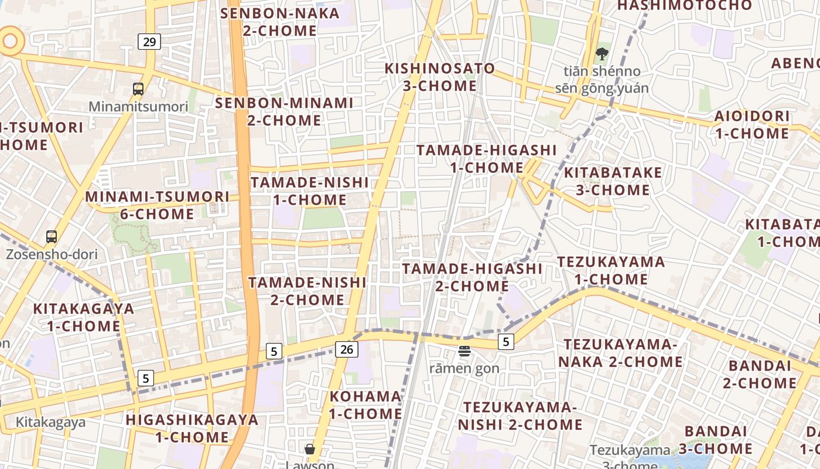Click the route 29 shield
click(150, 42)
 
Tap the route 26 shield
click(347, 349)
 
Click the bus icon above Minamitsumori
click(138, 89)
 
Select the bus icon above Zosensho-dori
click(52, 237)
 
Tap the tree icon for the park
click(602, 55)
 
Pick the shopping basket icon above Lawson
click(310, 449)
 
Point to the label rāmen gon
click(464, 368)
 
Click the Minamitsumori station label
click(138, 107)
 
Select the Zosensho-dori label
click(52, 254)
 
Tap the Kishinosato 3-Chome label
click(439, 77)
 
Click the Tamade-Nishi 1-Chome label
click(310, 191)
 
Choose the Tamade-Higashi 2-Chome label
click(472, 277)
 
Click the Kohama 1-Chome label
click(365, 405)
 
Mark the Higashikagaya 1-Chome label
click(192, 428)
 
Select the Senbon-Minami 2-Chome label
click(285, 111)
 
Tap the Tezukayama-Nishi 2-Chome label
click(520, 415)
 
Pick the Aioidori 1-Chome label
click(752, 124)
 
